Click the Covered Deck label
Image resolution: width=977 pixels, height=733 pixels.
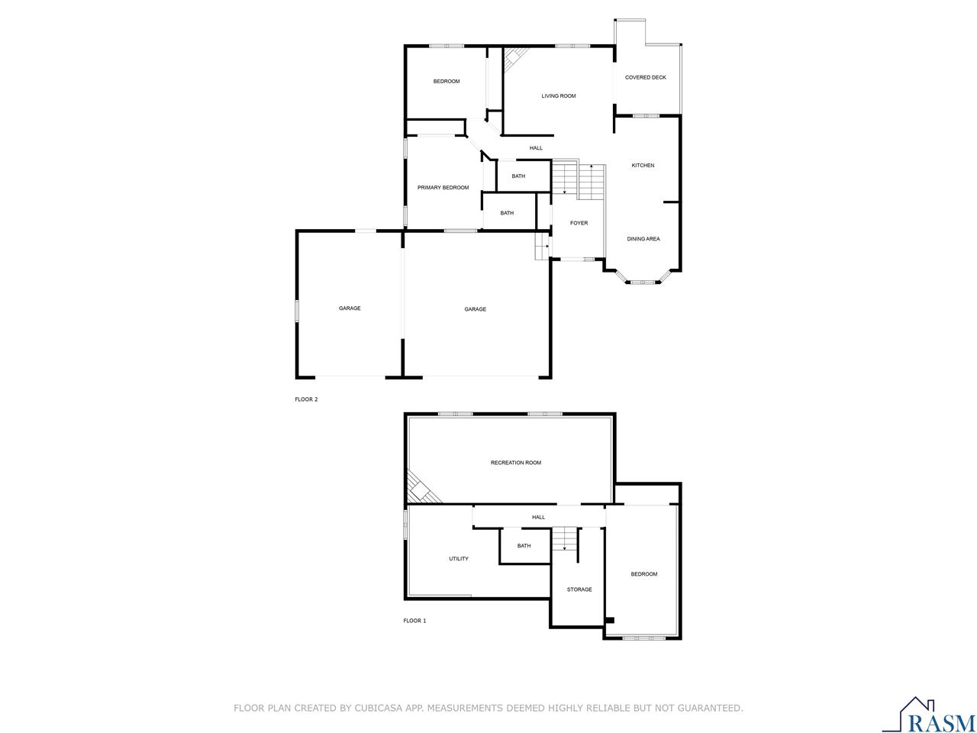(645, 77)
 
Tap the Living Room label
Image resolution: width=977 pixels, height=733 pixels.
(558, 96)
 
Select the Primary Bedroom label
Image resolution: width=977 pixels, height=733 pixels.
(443, 188)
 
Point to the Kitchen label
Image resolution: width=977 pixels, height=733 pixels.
(643, 166)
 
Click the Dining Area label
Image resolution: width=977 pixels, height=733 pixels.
(643, 239)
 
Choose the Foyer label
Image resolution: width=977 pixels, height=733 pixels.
(579, 223)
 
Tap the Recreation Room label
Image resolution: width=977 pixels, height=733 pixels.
(516, 463)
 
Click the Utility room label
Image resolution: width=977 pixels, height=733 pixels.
(459, 559)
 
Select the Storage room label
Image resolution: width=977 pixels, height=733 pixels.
(579, 589)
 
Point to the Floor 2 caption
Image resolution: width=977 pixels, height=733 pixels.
(306, 399)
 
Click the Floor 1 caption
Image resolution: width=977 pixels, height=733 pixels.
(414, 621)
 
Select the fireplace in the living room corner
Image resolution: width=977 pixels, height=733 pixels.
(514, 58)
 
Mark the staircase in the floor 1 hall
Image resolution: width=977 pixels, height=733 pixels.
(564, 538)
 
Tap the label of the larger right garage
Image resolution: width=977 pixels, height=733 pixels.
(475, 309)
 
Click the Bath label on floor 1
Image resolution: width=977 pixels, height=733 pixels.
(524, 546)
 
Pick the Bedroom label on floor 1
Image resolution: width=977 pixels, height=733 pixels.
(643, 574)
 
